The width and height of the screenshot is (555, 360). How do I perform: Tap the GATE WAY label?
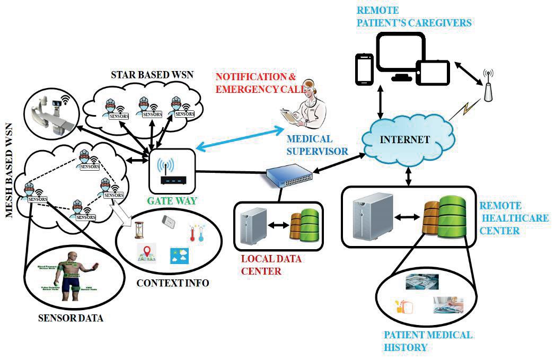[x=173, y=200]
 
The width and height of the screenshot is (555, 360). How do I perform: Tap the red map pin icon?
[x=146, y=252]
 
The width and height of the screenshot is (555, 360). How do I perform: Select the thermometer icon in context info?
[x=195, y=233]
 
